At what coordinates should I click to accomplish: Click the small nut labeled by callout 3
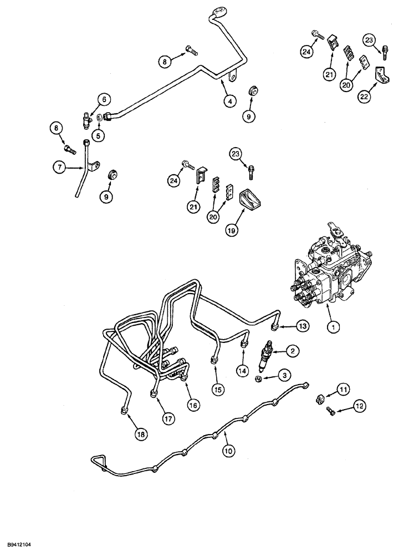click(x=259, y=379)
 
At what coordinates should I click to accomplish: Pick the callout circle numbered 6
click(x=103, y=100)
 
